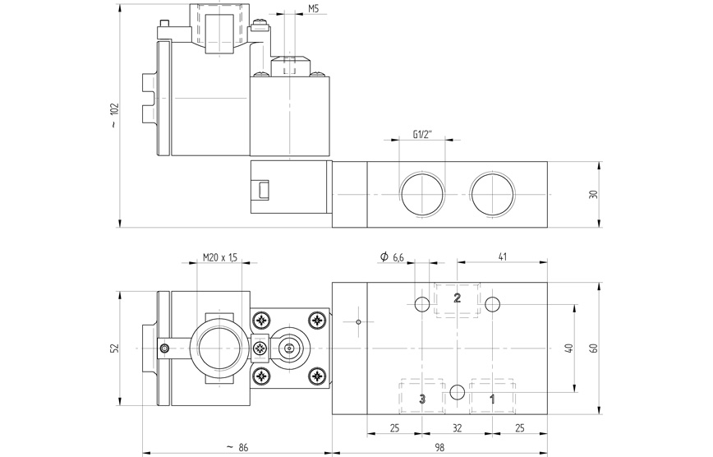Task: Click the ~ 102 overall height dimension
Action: [115, 116]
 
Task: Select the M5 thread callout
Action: [314, 9]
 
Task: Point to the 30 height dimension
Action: [593, 195]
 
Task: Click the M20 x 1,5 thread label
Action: [219, 258]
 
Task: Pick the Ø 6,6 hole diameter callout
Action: [392, 258]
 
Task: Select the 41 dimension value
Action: [503, 258]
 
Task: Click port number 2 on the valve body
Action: [458, 298]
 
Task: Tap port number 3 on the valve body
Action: [422, 399]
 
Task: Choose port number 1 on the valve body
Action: [492, 399]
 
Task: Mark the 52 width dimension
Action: [115, 348]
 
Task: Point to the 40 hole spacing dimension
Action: [567, 348]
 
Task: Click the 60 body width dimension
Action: [593, 348]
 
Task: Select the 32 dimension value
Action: [458, 427]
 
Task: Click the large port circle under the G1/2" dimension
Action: [421, 195]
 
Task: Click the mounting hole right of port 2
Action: [492, 305]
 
